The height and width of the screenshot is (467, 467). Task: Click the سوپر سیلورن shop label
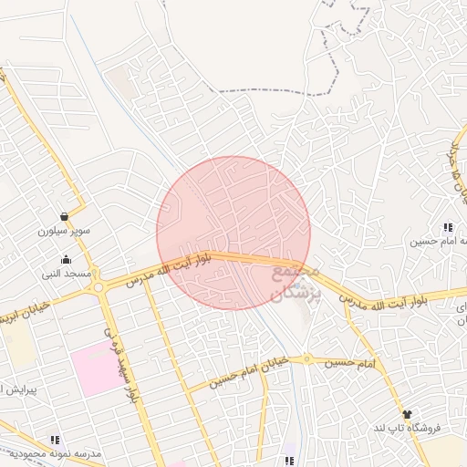click(64, 232)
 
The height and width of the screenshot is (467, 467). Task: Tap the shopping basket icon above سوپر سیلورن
click(65, 217)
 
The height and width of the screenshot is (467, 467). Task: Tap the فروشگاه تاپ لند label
click(406, 428)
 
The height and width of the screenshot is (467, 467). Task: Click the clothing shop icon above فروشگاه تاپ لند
click(407, 414)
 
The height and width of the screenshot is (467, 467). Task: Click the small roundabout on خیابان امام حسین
click(307, 358)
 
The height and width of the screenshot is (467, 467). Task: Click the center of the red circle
click(233, 233)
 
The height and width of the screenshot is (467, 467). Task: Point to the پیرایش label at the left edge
click(16, 389)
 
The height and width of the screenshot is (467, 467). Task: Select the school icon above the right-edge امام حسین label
click(447, 227)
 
